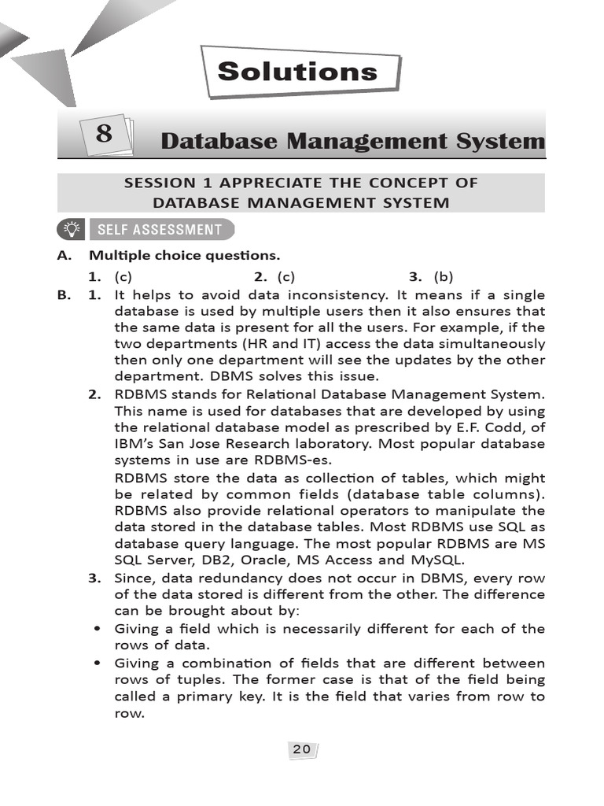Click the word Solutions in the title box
click(x=297, y=72)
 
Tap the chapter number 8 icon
click(x=104, y=135)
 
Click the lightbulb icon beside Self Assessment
click(x=72, y=230)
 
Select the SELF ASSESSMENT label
click(x=159, y=230)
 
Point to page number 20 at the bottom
click(x=301, y=749)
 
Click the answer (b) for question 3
click(x=444, y=276)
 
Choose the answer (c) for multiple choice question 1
click(x=123, y=276)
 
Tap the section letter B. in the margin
click(x=64, y=295)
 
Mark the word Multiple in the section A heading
click(x=117, y=256)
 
